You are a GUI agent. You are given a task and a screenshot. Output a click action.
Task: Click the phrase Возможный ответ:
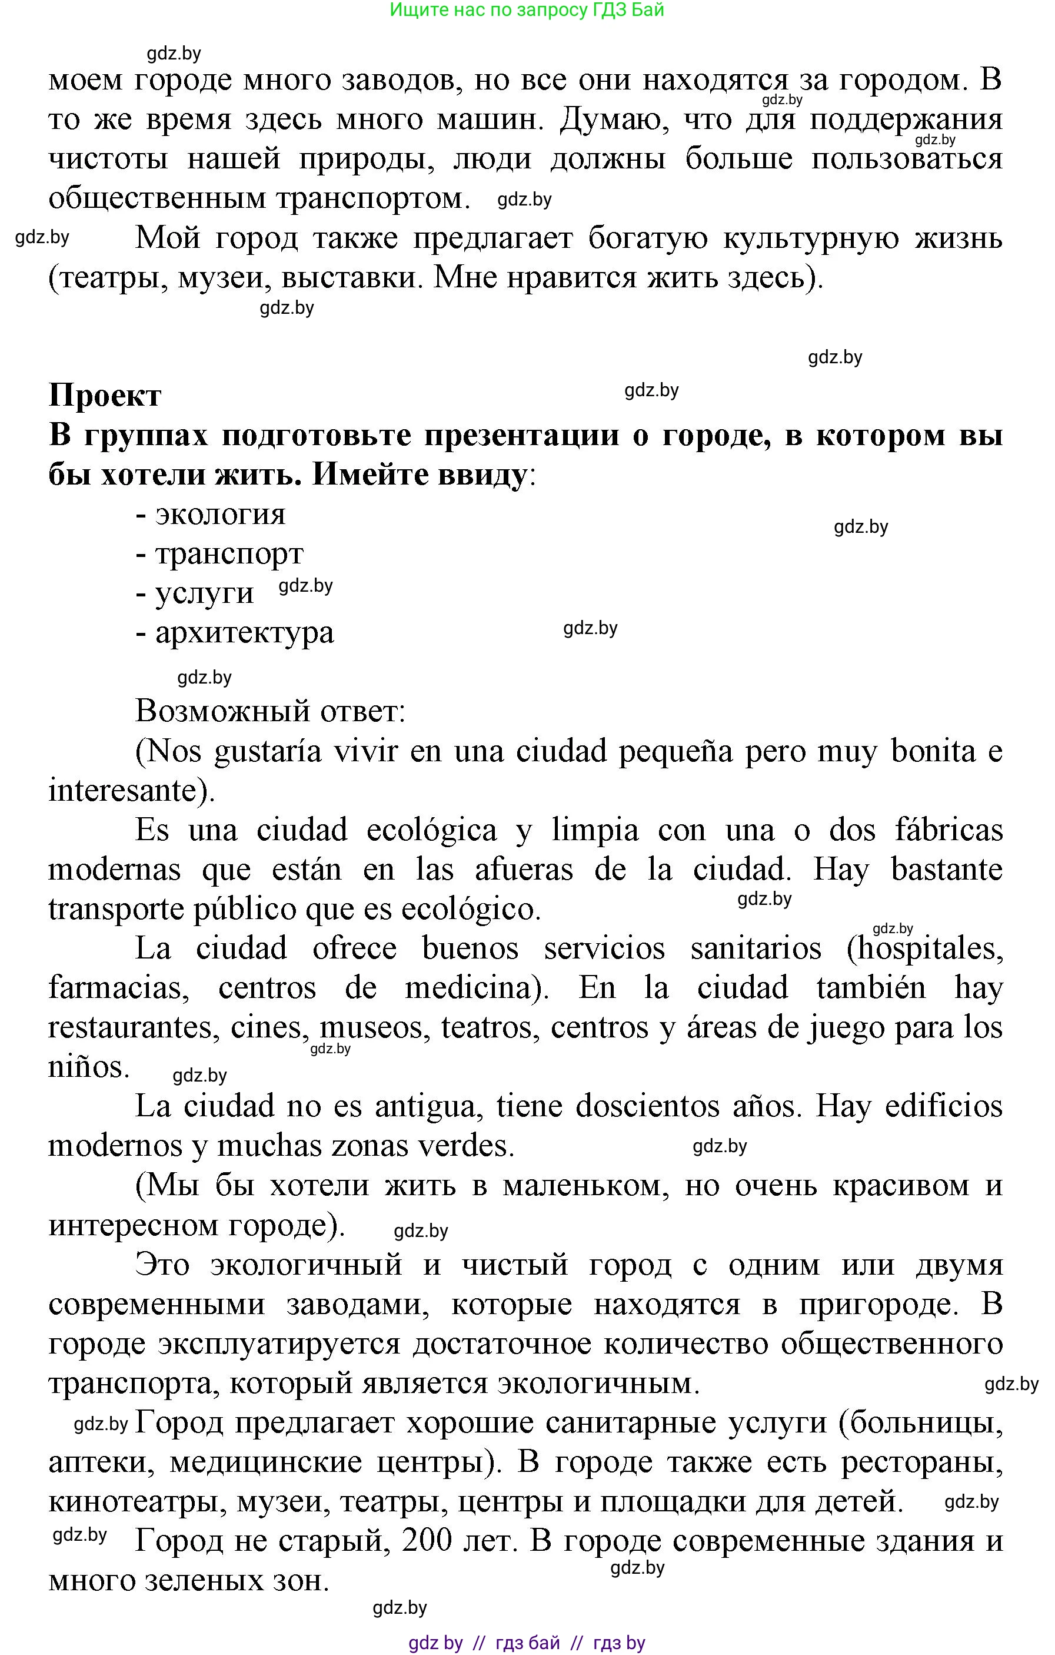click(270, 711)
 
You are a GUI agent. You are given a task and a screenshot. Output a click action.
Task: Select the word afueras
click(523, 870)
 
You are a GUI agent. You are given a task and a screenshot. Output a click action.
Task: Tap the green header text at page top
click(527, 9)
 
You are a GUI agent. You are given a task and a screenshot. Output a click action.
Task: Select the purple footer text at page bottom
click(527, 1643)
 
